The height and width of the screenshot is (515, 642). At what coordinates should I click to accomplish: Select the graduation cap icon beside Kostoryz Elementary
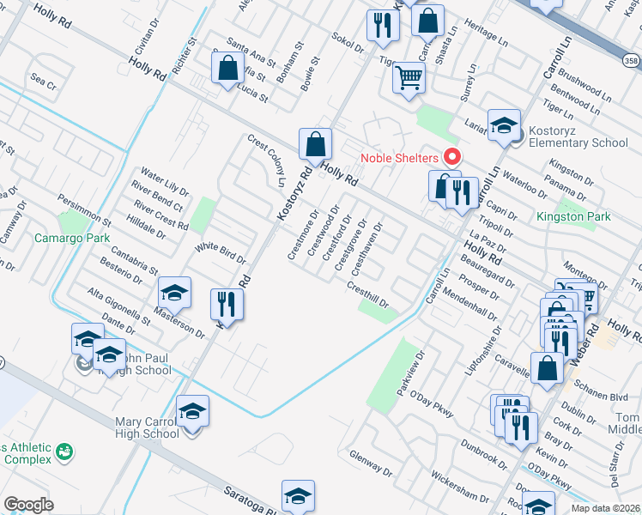click(x=504, y=125)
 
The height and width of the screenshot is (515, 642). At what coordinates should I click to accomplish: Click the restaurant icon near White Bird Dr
click(x=227, y=303)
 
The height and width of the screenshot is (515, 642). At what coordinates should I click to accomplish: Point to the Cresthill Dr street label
click(x=368, y=294)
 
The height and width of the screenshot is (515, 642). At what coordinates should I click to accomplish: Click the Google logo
click(x=28, y=505)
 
